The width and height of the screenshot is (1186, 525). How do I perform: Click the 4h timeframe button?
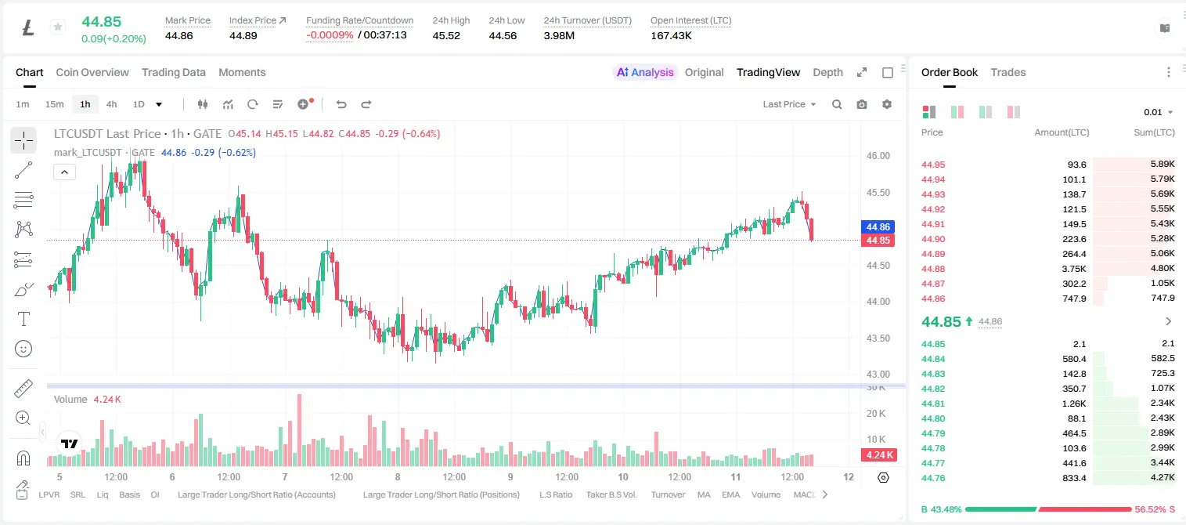(x=111, y=104)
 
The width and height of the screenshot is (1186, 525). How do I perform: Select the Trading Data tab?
(x=174, y=73)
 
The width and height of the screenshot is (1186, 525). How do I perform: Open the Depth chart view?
(x=827, y=73)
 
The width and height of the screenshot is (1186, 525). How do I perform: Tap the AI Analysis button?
(x=645, y=73)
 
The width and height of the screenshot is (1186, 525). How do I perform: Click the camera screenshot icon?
(x=862, y=104)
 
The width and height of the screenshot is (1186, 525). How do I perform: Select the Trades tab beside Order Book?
(x=1008, y=73)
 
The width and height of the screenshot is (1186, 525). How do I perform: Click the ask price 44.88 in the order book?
(x=933, y=269)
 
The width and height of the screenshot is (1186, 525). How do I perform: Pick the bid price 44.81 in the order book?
(x=933, y=404)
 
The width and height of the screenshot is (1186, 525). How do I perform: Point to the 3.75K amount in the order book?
(x=1074, y=269)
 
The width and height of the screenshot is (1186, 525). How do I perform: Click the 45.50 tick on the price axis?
(x=878, y=193)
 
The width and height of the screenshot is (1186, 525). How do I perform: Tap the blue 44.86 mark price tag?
(x=878, y=226)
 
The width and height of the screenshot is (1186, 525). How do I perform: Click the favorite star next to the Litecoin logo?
(x=58, y=27)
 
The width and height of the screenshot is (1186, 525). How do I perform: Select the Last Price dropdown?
(x=789, y=104)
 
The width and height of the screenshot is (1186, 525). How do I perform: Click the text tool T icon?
(x=23, y=319)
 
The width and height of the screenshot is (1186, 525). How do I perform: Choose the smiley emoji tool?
(x=23, y=349)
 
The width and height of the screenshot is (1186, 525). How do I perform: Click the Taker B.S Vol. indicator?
(x=611, y=494)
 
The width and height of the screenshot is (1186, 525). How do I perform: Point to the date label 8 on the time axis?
(x=398, y=476)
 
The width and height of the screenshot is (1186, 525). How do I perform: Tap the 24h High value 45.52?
(x=446, y=36)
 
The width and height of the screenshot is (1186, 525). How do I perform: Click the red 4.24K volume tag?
(x=878, y=454)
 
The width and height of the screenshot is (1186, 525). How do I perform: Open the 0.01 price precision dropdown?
(x=1158, y=112)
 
